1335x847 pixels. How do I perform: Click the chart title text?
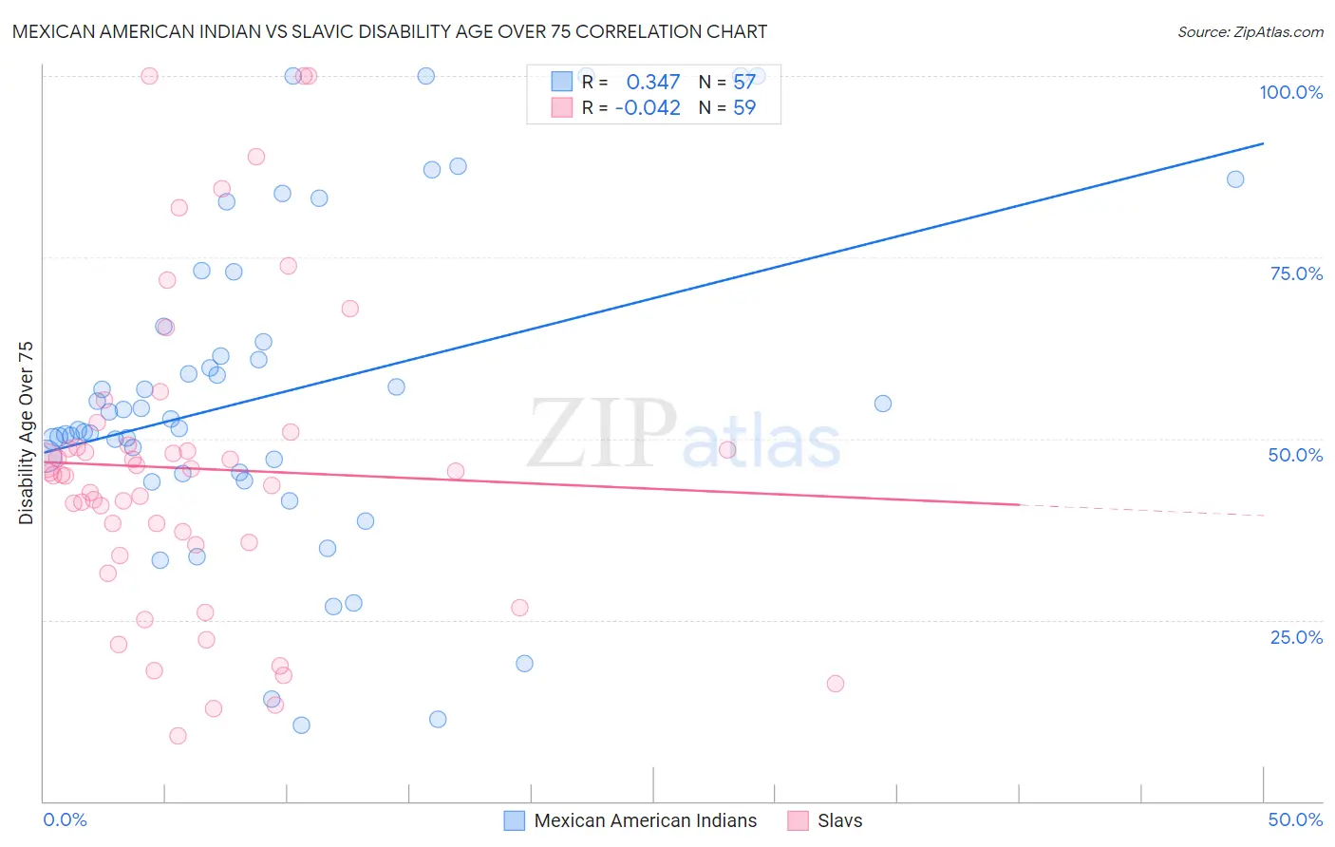pos(389,31)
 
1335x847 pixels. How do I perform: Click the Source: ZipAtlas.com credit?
pos(1250,32)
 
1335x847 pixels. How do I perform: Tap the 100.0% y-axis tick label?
pos(1290,92)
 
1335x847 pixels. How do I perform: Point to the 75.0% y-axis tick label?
pos(1296,273)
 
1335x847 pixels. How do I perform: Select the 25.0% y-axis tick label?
pos(1296,637)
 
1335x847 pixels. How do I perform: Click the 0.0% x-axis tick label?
pos(65,819)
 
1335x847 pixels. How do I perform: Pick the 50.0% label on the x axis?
pos(1295,819)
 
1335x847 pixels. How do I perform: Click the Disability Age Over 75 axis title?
pos(26,433)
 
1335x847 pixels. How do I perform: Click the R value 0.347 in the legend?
pos(653,83)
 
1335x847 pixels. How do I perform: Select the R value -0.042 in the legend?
pos(648,107)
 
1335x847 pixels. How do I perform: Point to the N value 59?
pos(744,107)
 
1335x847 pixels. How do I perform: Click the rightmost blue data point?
pos(1234,179)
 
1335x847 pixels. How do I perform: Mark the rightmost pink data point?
pos(835,684)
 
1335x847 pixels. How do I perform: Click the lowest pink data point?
pos(178,736)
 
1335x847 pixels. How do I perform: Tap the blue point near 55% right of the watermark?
pos(882,404)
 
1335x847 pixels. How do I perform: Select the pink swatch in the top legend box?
pos(562,107)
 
